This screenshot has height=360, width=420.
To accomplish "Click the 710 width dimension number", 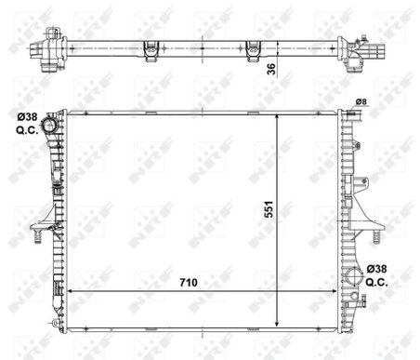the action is click(x=189, y=283).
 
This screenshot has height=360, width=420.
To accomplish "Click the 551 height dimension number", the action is click(x=269, y=209).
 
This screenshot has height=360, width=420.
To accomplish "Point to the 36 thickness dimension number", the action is click(x=271, y=69).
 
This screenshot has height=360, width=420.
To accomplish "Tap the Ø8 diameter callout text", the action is click(x=361, y=101).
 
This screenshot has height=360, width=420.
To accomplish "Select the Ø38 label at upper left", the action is click(x=27, y=117).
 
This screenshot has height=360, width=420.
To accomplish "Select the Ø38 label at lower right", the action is click(x=376, y=269).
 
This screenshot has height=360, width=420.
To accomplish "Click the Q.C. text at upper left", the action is click(x=27, y=129).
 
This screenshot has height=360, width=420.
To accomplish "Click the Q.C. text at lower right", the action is click(x=376, y=282).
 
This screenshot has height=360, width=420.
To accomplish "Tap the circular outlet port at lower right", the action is click(x=354, y=276).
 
